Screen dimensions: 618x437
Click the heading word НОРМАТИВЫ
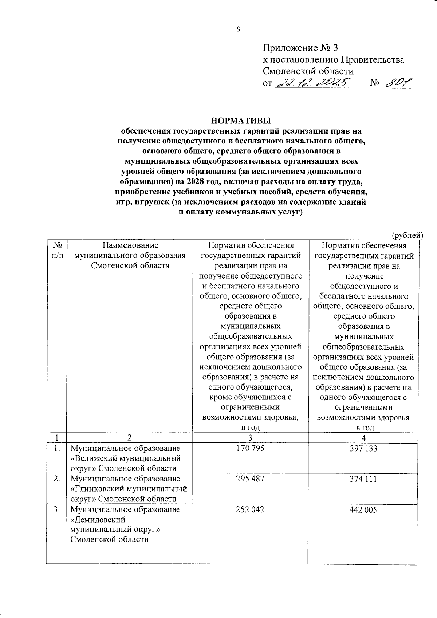pos(241,121)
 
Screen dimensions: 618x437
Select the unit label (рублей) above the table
pos(407,235)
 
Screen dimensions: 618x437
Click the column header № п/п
pos(57,251)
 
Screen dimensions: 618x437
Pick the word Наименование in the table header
pos(130,245)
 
